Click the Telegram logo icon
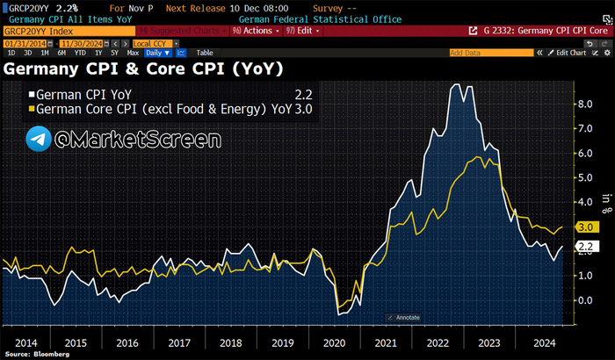coord(38,139)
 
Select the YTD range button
coord(79,53)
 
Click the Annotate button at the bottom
coord(403,317)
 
